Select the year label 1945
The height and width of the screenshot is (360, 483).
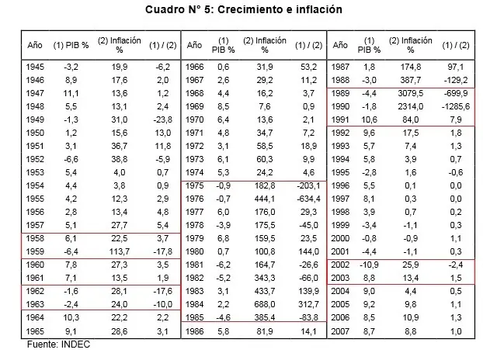(x=35, y=67)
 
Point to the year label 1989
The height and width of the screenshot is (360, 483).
(x=341, y=93)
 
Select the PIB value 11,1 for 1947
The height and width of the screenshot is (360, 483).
(x=69, y=93)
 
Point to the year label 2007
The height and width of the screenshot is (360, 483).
(x=341, y=330)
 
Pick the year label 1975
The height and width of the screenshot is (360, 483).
(x=196, y=186)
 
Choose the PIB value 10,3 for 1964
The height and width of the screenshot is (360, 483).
(x=69, y=317)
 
